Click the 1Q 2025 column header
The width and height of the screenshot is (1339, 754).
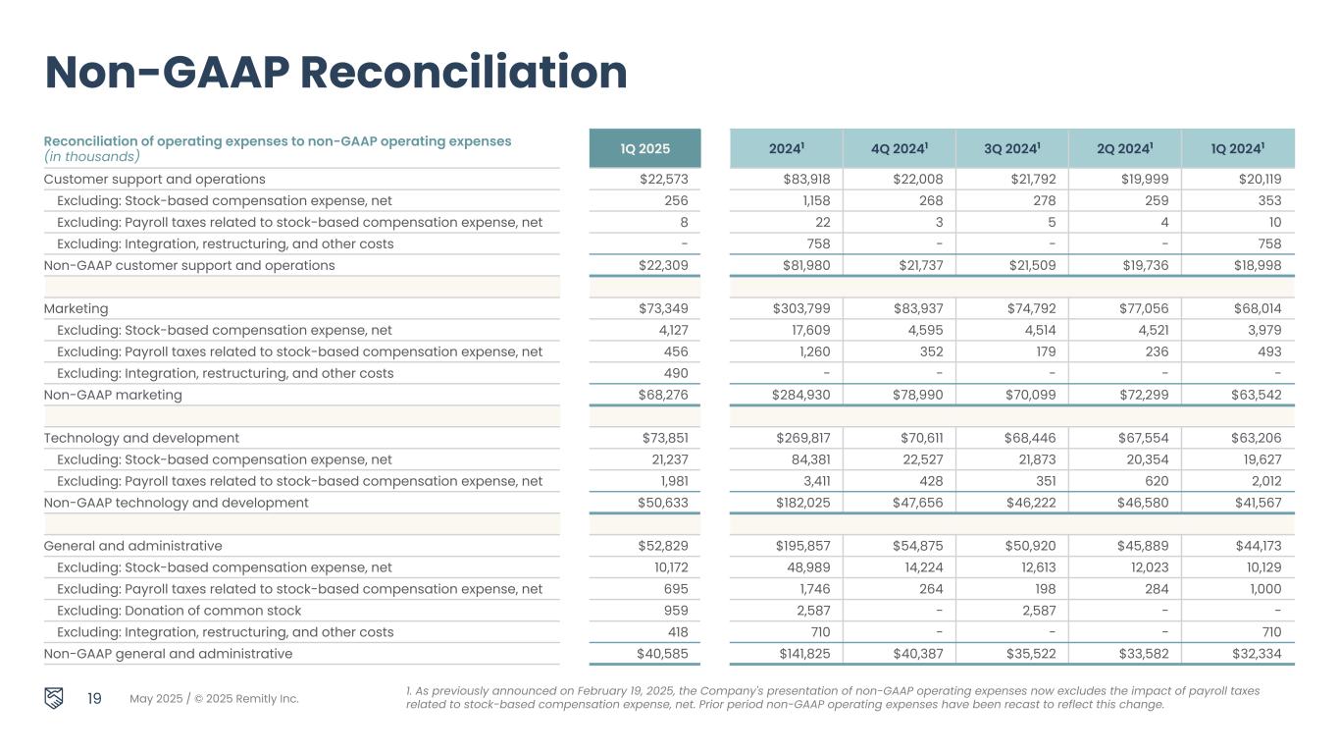point(644,149)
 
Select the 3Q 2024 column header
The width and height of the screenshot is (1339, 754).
point(1013,149)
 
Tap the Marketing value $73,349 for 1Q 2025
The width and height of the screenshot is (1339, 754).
point(663,309)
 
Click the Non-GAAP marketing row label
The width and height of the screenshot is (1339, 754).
point(113,396)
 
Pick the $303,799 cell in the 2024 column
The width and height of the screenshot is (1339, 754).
point(800,309)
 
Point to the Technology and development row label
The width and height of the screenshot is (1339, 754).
point(141,439)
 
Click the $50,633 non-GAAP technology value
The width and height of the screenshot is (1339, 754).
point(663,504)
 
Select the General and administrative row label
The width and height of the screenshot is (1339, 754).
point(132,547)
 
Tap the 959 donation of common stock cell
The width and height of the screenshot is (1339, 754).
point(676,612)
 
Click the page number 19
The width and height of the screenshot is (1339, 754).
point(94,699)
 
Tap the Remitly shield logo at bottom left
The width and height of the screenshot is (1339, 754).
point(56,698)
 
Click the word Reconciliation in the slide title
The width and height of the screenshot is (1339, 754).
point(463,73)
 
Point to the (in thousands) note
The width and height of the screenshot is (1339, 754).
point(91,157)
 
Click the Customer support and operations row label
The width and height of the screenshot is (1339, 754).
point(154,180)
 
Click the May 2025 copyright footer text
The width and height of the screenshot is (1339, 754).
point(214,699)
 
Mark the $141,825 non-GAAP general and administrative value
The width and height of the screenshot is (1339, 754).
point(800,655)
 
